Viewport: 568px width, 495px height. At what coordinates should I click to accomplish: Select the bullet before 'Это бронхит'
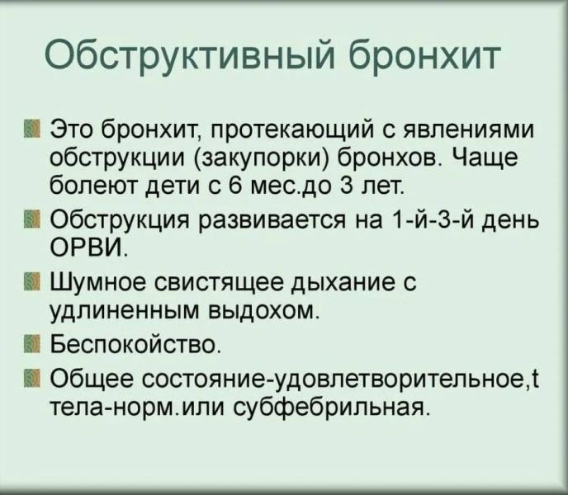point(32,131)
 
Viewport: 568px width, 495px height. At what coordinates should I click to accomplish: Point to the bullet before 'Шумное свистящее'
point(32,283)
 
